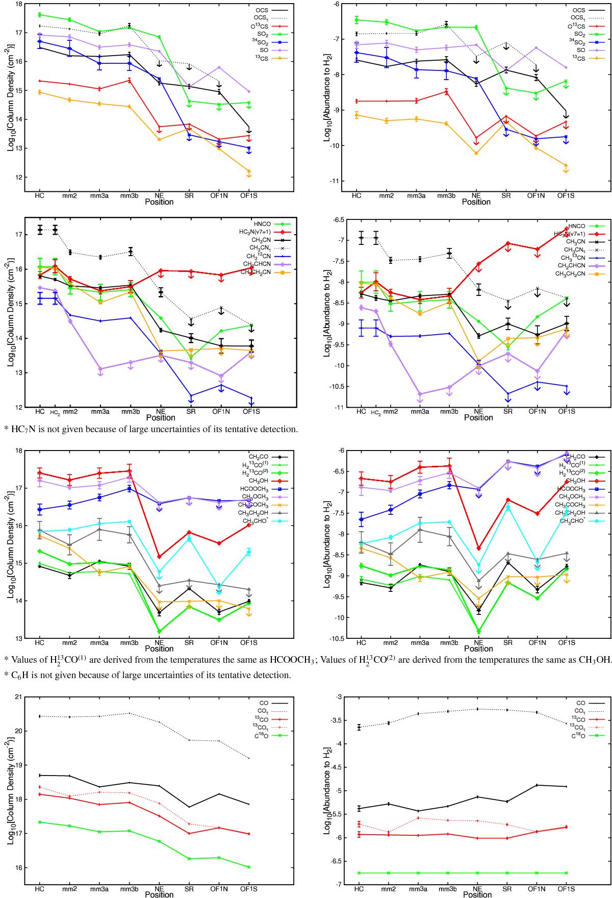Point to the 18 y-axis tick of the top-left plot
coord(19,4)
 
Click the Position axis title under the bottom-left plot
coord(159,894)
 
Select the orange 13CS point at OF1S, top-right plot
coord(566,165)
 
